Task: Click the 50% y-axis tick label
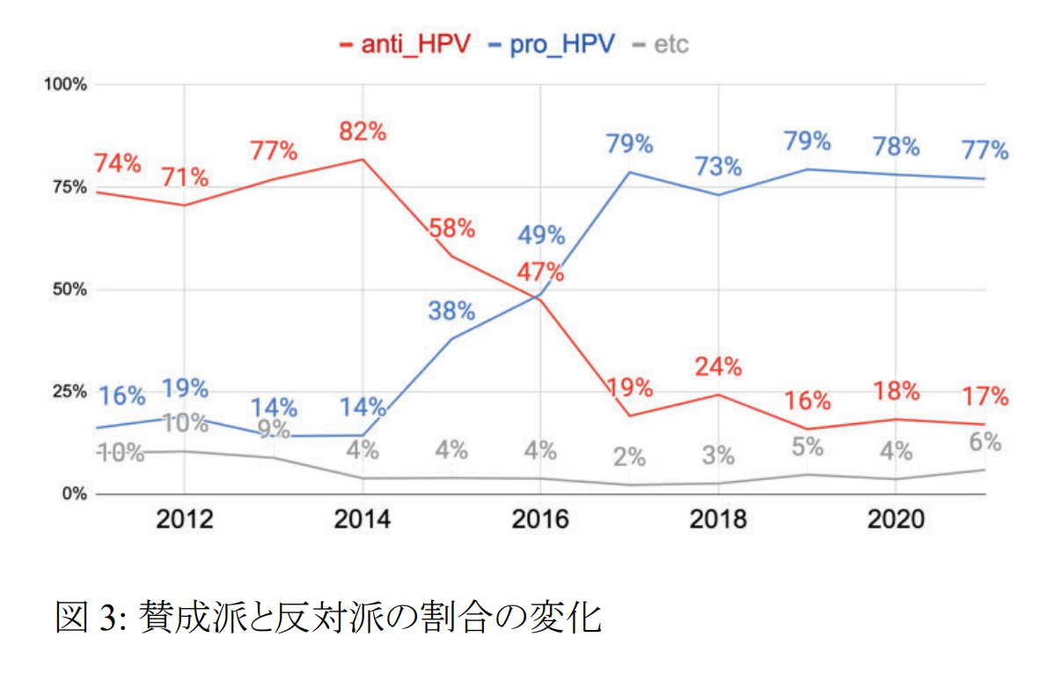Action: coord(69,289)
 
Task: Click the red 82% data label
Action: coord(363,132)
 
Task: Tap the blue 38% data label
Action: coord(451,311)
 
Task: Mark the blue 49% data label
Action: coord(540,235)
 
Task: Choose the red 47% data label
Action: coord(540,272)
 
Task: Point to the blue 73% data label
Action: coord(718,166)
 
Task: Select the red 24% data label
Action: coord(718,366)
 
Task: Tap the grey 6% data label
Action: coord(985,442)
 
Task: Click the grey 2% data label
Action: coord(629,458)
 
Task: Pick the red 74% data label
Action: coord(117,164)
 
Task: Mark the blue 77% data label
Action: coord(985,150)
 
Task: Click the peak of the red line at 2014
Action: coord(363,159)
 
